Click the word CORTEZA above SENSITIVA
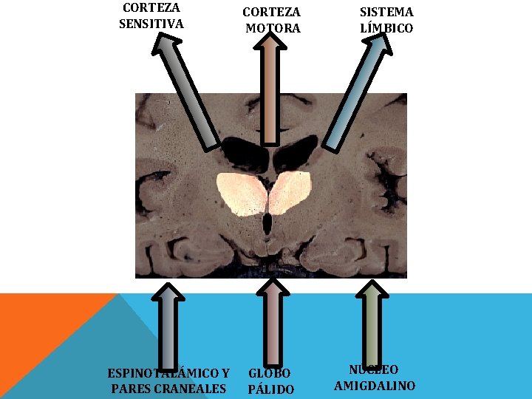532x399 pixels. [x=151, y=7]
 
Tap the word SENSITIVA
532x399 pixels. [x=151, y=24]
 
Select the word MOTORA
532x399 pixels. [x=273, y=29]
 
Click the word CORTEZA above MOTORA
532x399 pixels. [x=272, y=13]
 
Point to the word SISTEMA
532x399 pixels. [x=386, y=13]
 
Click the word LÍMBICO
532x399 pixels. [x=386, y=29]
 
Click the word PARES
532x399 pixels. [x=127, y=389]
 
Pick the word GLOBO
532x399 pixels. [x=270, y=373]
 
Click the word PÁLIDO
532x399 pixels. [x=271, y=389]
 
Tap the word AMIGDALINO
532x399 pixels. [x=375, y=386]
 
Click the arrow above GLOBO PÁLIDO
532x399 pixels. [x=271, y=325]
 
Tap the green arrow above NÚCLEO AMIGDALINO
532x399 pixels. [x=374, y=325]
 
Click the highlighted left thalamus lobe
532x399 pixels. [x=242, y=192]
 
